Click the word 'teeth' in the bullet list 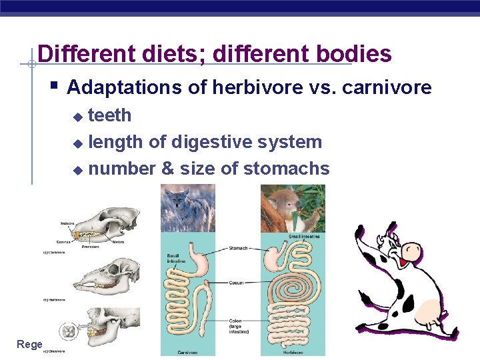[110, 115]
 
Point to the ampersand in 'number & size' [167, 169]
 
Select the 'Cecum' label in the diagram [237, 283]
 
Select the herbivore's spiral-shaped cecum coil [293, 283]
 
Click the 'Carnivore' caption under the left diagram [187, 352]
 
